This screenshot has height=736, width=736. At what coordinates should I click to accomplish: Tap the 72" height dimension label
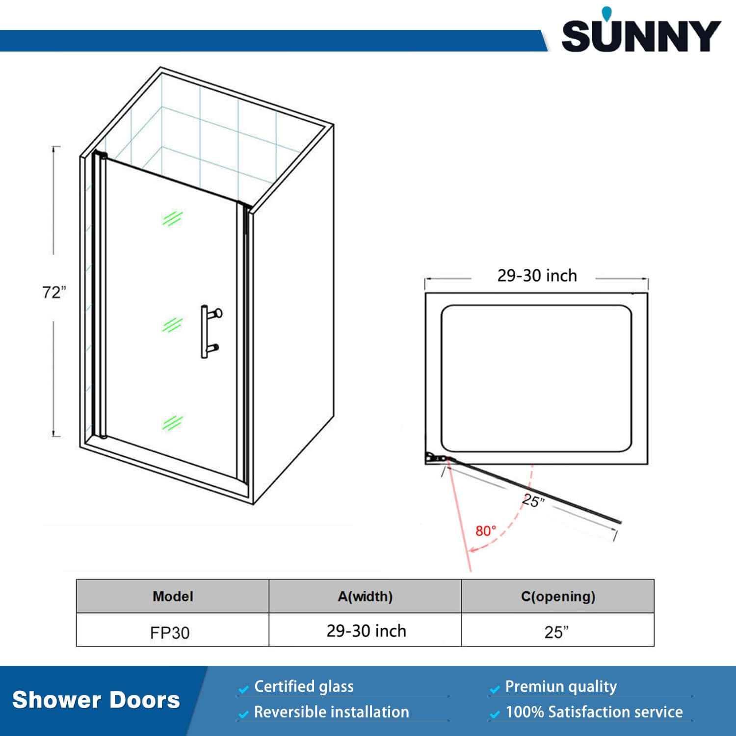point(53,292)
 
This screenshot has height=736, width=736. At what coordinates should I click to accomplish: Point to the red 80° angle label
point(485,531)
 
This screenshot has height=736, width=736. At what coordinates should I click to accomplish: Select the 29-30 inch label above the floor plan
point(537,276)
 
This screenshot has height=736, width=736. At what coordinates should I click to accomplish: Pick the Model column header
point(173,597)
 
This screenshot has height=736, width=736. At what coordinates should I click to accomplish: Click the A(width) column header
point(365,597)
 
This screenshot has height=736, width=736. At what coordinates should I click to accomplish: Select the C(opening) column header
point(558,597)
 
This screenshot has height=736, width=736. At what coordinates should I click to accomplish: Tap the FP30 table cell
point(170,632)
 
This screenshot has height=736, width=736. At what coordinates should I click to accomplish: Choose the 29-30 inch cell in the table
point(366,631)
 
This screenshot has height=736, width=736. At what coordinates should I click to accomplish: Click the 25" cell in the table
point(556,632)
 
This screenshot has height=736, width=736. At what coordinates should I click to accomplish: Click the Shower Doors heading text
point(96,700)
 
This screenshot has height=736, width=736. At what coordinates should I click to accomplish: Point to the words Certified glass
point(304,686)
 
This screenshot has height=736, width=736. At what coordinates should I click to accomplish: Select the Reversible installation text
point(331,712)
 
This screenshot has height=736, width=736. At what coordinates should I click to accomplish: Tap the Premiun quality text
point(561,686)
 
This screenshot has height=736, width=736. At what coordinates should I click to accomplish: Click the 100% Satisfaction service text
point(594,712)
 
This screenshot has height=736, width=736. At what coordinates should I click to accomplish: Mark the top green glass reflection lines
point(172,218)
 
